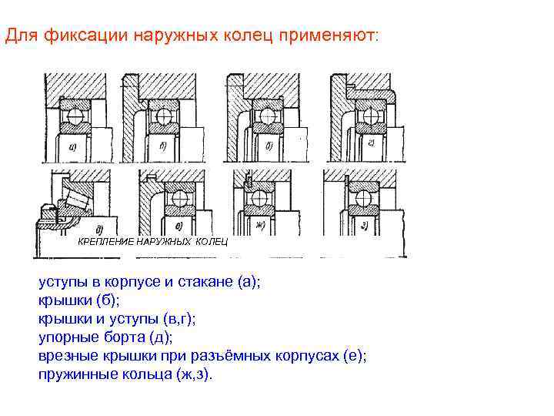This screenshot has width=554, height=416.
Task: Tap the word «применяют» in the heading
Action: click(x=336, y=36)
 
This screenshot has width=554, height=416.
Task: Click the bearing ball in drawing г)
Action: click(x=369, y=116)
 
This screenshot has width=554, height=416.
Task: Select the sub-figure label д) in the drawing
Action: click(x=100, y=229)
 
